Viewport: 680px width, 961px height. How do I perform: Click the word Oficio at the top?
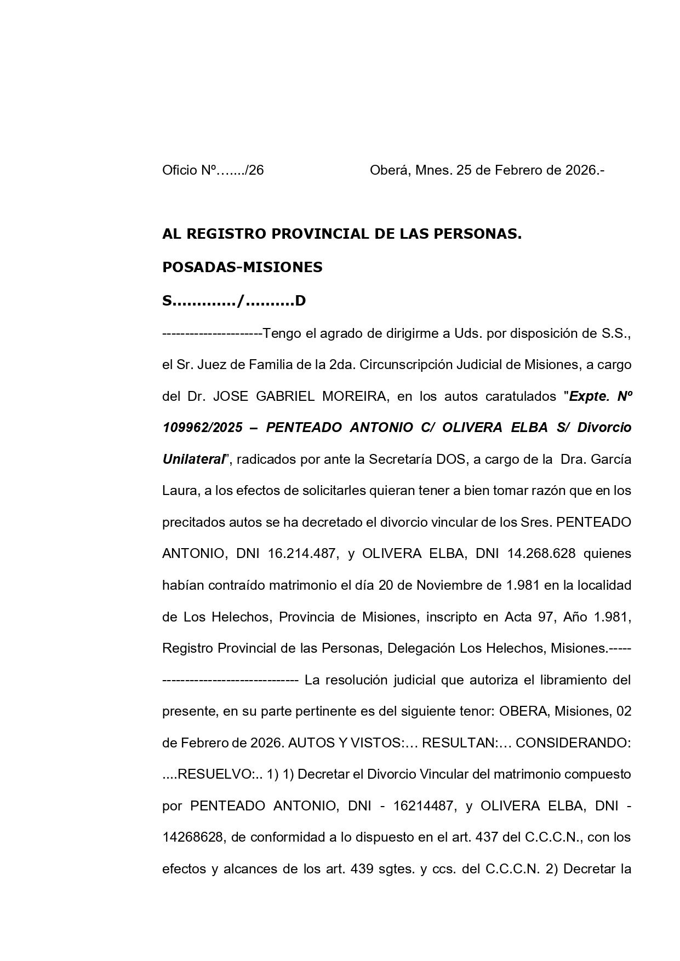[x=179, y=170]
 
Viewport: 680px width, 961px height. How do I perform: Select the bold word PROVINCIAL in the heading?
[x=321, y=234]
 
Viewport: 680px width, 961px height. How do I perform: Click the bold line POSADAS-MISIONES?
[x=242, y=267]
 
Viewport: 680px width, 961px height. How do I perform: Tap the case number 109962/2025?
[x=202, y=428]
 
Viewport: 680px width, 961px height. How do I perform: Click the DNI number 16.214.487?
[x=301, y=554]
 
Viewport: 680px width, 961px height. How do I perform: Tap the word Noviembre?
[x=449, y=585]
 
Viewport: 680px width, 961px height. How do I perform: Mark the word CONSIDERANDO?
[x=573, y=743]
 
